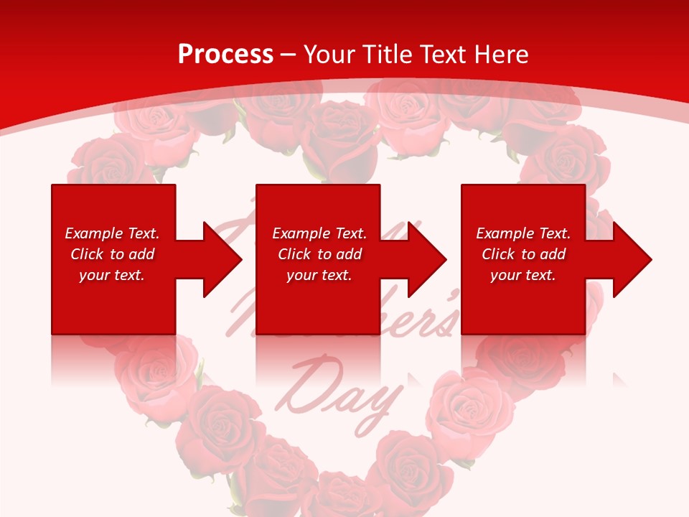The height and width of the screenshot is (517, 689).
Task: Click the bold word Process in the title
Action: (225, 55)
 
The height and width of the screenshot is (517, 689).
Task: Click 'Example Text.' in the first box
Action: (112, 233)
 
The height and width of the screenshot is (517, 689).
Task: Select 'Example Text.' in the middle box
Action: (319, 233)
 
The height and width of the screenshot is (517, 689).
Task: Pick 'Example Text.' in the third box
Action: (523, 233)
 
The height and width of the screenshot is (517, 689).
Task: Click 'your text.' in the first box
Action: (112, 275)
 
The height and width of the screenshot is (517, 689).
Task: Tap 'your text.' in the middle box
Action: (319, 275)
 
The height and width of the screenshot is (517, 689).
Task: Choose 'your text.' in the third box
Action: (523, 275)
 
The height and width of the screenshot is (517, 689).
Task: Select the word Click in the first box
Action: (87, 254)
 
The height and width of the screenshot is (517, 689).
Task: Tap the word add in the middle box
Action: (349, 254)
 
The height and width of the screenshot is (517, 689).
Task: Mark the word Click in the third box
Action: (498, 254)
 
